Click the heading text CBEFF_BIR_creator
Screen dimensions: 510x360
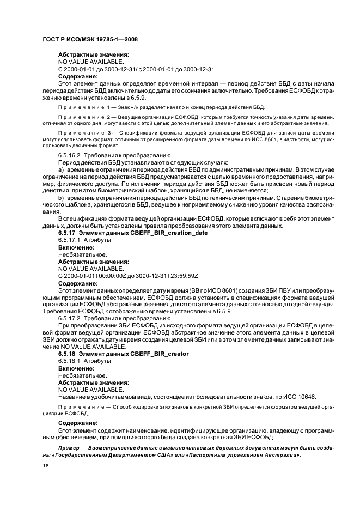coord(158,354)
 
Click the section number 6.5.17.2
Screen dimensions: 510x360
coord(71,318)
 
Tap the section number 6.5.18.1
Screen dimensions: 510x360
coord(71,361)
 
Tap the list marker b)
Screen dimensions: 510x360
coord(61,198)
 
